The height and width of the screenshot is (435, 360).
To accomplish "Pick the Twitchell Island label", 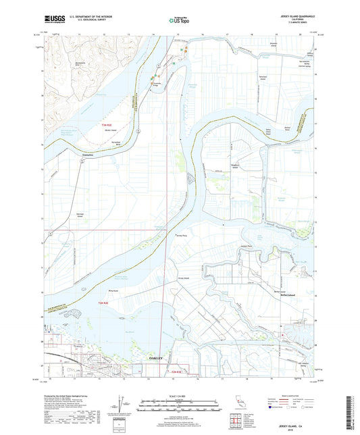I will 265,76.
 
